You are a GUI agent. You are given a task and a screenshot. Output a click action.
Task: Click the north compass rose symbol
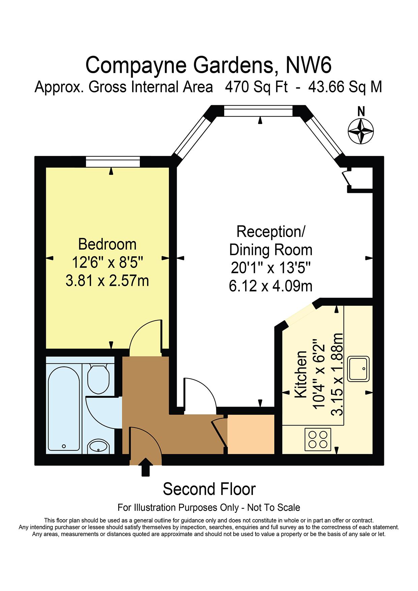(360, 130)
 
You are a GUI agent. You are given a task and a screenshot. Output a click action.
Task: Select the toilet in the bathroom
(98, 378)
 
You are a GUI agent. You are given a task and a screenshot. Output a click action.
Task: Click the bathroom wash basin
(98, 447)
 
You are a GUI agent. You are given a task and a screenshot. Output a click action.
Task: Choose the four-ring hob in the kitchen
(318, 439)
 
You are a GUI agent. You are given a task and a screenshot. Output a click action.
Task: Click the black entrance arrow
(145, 467)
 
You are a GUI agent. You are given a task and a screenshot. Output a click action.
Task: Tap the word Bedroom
(107, 244)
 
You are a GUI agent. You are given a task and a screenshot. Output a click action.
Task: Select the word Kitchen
(301, 374)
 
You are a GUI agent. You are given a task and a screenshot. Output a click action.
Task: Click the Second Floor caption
(209, 489)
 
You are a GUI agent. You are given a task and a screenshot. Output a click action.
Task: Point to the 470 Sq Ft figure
(256, 87)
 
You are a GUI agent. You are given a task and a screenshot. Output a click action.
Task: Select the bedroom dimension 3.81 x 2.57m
(107, 280)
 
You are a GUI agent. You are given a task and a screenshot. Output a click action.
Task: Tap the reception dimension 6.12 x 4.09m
(271, 286)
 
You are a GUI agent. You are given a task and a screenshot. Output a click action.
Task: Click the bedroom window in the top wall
(113, 161)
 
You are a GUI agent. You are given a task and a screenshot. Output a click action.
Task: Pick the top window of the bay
(259, 111)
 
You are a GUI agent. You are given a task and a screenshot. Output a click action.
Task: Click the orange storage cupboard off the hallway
(251, 434)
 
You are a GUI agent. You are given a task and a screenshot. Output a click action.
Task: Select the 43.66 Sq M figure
(345, 87)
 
